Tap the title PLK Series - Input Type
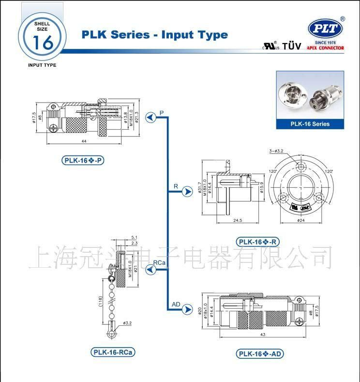(154, 35)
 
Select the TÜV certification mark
(291, 46)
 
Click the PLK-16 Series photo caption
(310, 124)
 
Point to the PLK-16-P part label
(83, 161)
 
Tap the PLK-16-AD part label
(260, 354)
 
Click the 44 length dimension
(84, 141)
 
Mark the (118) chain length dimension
(101, 302)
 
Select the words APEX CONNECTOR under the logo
(325, 48)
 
